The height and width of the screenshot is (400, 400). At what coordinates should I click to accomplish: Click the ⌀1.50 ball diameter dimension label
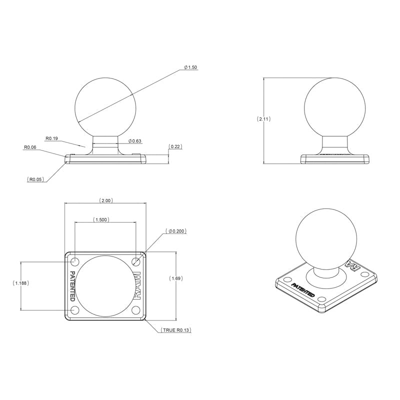(x=190, y=67)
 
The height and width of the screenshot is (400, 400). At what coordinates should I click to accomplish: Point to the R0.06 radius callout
(x=30, y=147)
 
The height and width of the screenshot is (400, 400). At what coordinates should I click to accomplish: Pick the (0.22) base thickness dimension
(x=175, y=146)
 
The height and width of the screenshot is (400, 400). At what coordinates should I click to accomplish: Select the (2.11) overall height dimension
(x=263, y=119)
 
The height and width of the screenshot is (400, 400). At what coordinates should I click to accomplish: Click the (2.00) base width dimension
(x=106, y=200)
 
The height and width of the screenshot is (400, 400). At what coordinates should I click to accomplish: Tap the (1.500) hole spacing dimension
(x=101, y=219)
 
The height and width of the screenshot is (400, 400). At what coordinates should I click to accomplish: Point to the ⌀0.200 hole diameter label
(x=176, y=231)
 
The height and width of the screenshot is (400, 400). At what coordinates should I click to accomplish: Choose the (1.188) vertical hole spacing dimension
(x=20, y=283)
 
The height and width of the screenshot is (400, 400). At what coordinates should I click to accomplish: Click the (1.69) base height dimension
(x=176, y=278)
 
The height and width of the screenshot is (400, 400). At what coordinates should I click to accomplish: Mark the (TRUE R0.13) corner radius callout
(x=176, y=330)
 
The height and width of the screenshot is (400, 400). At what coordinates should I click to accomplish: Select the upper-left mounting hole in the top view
(x=75, y=261)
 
